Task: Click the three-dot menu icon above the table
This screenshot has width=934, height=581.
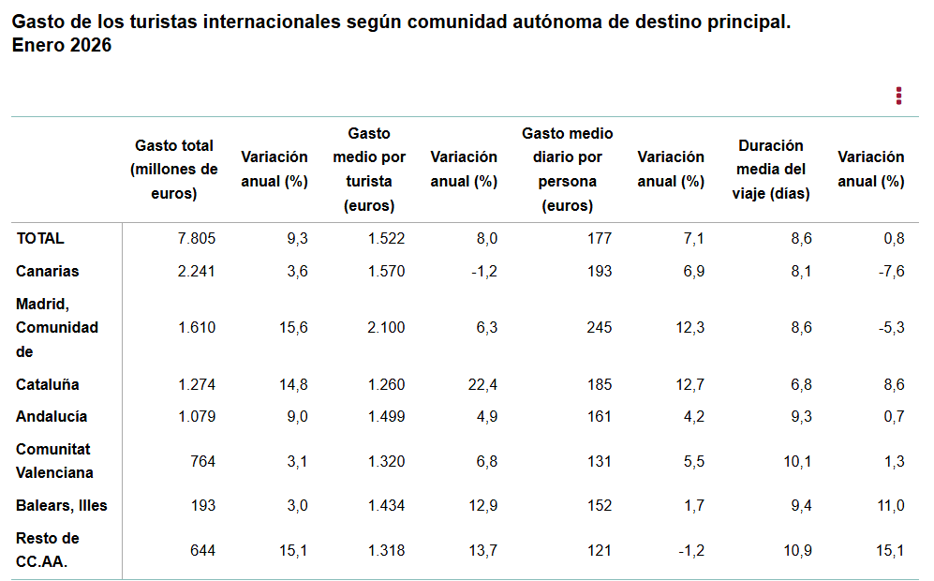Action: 898,96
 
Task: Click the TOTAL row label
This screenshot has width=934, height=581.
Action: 40,238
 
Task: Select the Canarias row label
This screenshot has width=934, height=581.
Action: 48,271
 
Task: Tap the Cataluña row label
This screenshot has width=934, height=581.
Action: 48,384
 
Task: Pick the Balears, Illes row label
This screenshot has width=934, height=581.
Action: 62,505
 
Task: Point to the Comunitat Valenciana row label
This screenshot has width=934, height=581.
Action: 55,461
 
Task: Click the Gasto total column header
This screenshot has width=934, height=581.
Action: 174,170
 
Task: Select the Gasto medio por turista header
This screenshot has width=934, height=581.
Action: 369,170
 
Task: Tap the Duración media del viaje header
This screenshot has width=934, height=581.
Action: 770,170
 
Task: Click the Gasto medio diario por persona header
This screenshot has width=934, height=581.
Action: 567,170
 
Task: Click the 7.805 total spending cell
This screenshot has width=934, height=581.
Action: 197,238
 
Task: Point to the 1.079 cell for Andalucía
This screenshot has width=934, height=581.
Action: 197,416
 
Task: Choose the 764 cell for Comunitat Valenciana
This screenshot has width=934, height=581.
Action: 202,461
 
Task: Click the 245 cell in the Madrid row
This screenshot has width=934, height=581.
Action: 599,327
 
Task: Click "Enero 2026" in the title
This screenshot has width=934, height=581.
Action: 62,45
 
